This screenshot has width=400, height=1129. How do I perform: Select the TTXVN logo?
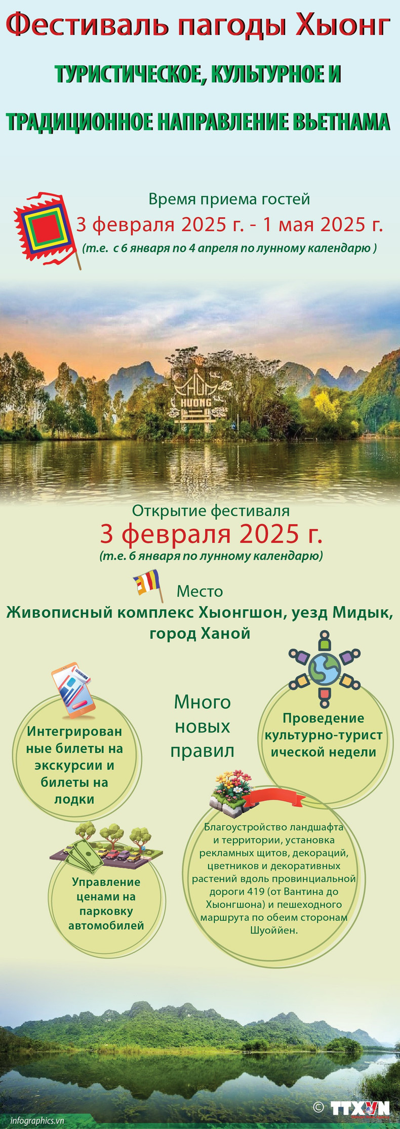(x=360, y=1108)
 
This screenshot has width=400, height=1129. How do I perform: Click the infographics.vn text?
(x=37, y=1120)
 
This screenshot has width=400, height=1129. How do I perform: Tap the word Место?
(x=199, y=591)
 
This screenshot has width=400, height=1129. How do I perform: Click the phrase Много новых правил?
(x=202, y=726)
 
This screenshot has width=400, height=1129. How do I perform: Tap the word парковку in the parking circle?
(x=106, y=911)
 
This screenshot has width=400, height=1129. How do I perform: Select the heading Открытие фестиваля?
(x=211, y=510)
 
